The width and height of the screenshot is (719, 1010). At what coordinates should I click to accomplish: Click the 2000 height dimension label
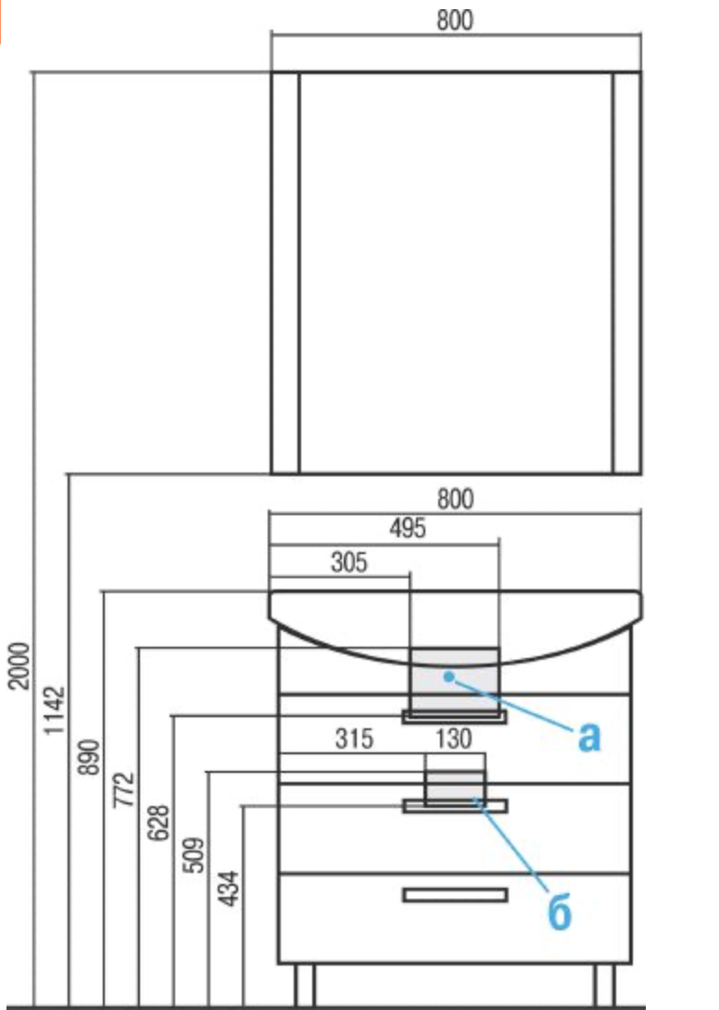(x=19, y=665)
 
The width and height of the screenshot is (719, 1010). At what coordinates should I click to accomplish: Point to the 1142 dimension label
(x=54, y=710)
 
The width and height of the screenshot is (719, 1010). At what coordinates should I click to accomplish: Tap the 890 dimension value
(x=89, y=757)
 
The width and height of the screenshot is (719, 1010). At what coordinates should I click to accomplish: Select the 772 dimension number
(x=124, y=789)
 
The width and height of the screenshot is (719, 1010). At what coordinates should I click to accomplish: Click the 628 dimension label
(x=158, y=823)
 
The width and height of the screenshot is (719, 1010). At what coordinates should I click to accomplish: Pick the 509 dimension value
(x=194, y=854)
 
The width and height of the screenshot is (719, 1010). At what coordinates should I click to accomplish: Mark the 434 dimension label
(x=229, y=889)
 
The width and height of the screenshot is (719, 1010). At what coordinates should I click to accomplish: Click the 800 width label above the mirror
(x=455, y=20)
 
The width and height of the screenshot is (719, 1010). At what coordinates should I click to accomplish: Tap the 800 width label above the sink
(x=455, y=499)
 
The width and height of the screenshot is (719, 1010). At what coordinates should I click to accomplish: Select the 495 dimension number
(x=408, y=529)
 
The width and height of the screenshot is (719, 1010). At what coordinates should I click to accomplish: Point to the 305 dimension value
(x=348, y=562)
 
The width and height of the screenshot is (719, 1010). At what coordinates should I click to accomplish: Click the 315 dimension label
(x=354, y=739)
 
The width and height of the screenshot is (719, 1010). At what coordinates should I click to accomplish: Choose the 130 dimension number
(x=454, y=739)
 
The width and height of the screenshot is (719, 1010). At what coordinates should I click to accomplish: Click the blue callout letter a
(x=589, y=737)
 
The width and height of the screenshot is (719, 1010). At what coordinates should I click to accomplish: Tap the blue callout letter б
(x=560, y=911)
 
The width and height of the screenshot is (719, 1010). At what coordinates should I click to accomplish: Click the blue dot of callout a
(x=449, y=676)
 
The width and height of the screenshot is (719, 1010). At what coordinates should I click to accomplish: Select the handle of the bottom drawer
(x=455, y=895)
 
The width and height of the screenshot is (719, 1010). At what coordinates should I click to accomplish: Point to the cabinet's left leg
(x=305, y=985)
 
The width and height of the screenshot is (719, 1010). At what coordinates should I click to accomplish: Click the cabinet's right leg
(x=604, y=985)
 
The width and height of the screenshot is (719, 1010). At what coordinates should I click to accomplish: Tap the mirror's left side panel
(x=285, y=272)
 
